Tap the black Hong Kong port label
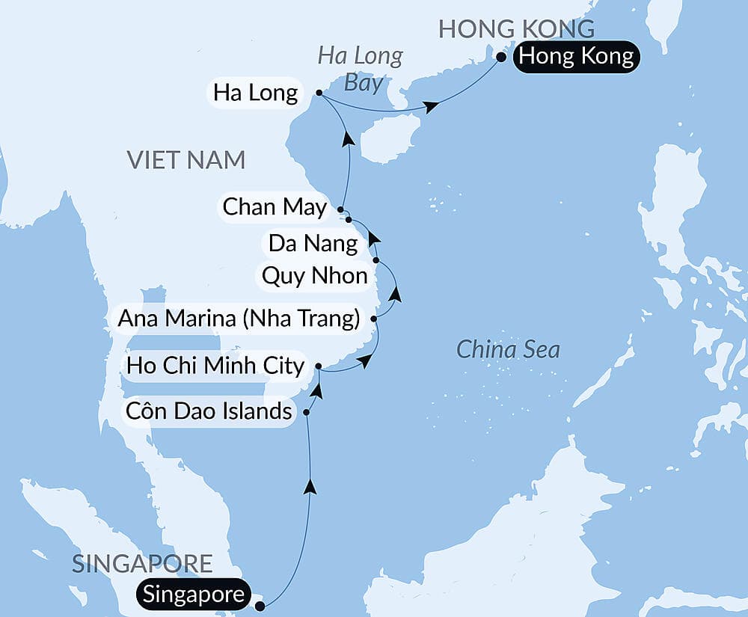tap(576, 56)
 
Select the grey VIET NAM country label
tap(186, 159)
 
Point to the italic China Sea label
tap(508, 349)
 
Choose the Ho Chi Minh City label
tap(215, 366)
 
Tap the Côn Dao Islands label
tap(209, 411)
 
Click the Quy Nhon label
tap(314, 276)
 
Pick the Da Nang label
tap(313, 243)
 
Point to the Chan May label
tap(275, 207)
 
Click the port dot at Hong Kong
tap(501, 55)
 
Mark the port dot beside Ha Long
tap(319, 93)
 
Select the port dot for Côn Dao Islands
tap(306, 411)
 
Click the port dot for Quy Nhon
tap(376, 260)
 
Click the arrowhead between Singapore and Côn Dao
tap(310, 487)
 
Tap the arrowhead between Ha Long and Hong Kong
tap(431, 108)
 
